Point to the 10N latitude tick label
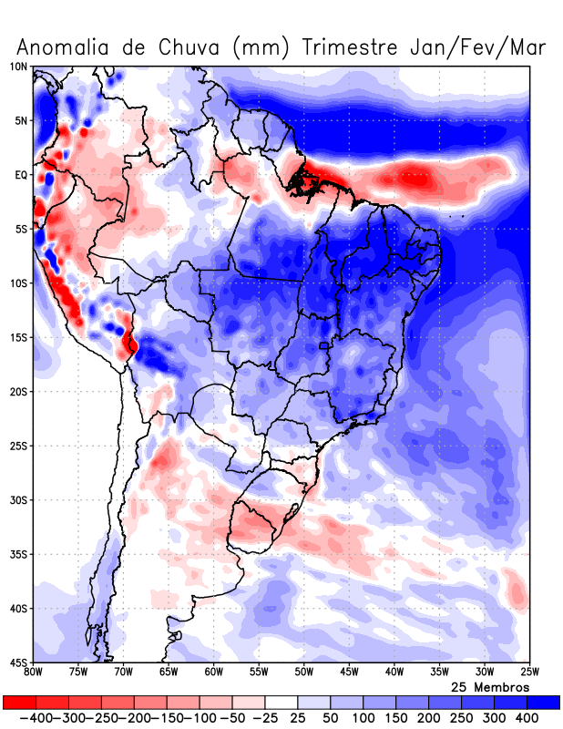(x=18, y=67)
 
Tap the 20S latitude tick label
(x=18, y=392)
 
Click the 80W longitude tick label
(x=34, y=673)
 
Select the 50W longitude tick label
(x=304, y=673)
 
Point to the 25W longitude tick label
(x=529, y=673)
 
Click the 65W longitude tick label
(x=169, y=673)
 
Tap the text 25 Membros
(x=490, y=686)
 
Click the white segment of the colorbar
(x=281, y=702)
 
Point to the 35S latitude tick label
(x=18, y=554)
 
